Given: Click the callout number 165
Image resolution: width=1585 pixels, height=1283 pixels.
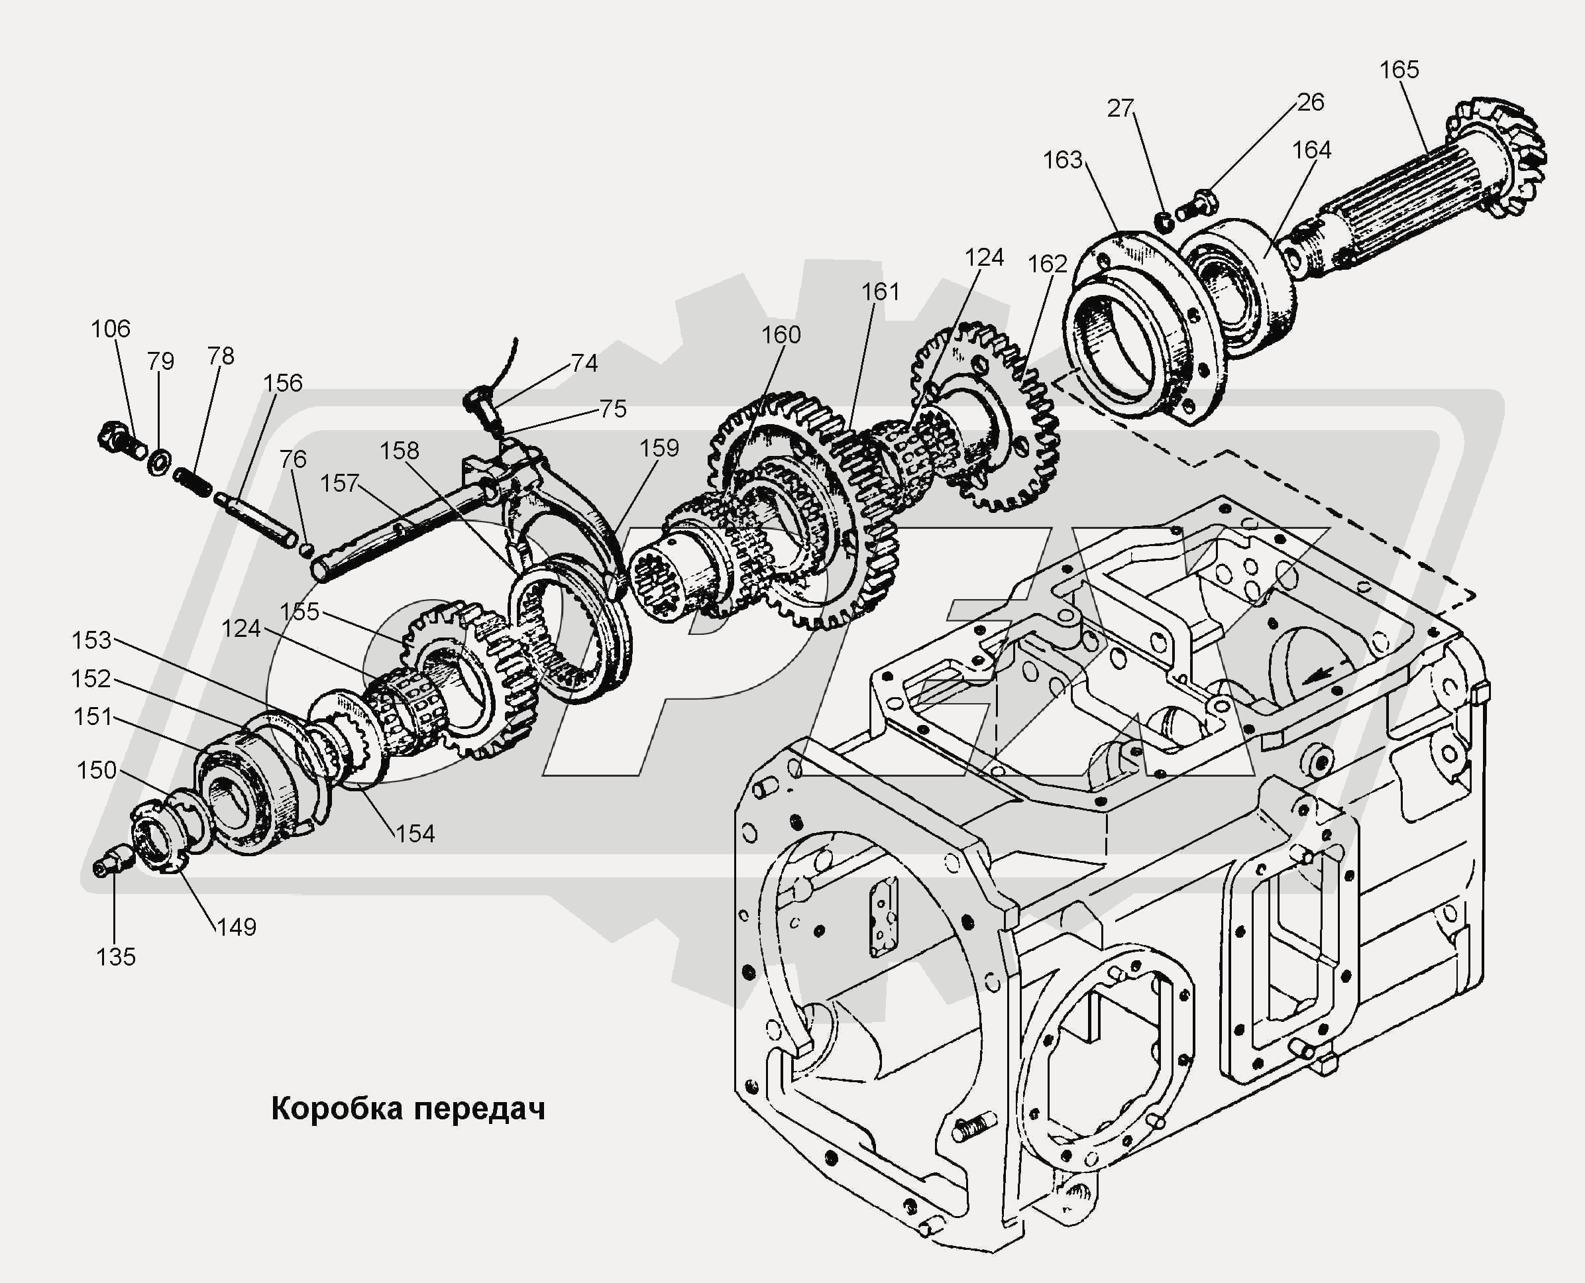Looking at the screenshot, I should (1399, 70).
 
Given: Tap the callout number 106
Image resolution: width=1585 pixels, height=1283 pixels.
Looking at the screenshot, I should (111, 329).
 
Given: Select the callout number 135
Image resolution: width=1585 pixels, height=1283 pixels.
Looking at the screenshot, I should (116, 957).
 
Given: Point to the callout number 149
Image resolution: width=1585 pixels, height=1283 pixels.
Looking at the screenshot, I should (237, 926).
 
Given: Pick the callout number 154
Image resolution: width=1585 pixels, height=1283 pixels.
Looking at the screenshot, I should (415, 834).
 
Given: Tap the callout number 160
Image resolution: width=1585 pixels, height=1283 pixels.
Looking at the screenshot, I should (781, 335).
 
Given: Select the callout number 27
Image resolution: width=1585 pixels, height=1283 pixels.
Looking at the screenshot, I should (1120, 109).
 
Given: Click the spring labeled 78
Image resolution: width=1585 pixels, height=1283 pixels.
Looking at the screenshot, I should (193, 481).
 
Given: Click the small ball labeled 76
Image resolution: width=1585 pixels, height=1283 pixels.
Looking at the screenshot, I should (307, 548).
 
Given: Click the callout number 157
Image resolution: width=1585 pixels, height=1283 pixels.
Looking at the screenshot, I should (339, 483).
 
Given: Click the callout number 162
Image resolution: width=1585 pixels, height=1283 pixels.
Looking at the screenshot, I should (1047, 264).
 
